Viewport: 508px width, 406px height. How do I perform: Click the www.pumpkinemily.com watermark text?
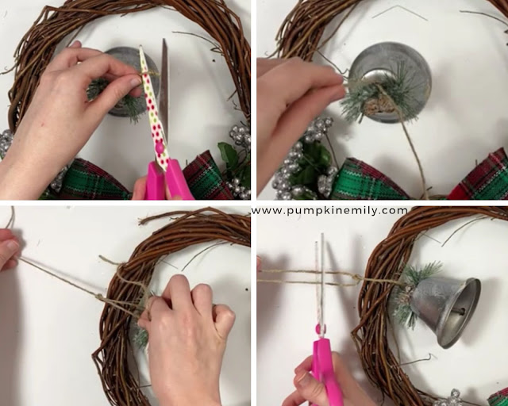tap(329, 211)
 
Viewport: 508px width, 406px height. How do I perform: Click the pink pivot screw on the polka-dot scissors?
tap(160, 147)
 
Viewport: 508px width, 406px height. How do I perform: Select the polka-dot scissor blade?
tap(152, 107)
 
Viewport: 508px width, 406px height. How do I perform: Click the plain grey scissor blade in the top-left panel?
tap(164, 87)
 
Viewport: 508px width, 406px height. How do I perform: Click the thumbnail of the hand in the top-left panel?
tap(135, 82)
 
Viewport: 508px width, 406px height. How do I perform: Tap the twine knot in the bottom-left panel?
tap(100, 297)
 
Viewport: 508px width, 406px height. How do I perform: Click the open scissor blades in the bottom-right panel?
tap(320, 278)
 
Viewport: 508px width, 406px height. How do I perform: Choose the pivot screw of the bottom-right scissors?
tap(320, 330)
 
